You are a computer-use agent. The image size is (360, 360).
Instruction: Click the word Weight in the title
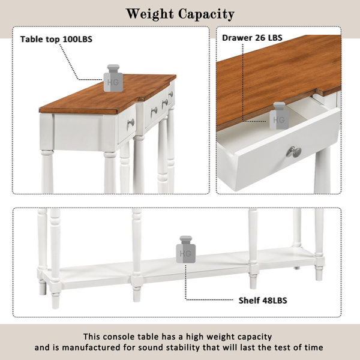coord(150,14)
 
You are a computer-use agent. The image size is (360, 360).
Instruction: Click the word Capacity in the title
coord(206,14)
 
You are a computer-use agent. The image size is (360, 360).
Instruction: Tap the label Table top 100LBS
coord(56,39)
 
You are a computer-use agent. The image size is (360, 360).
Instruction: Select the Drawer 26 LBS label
coord(252,38)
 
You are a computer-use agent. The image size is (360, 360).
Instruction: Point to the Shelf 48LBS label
coord(263,301)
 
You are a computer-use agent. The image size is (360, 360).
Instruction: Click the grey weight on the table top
coord(113,78)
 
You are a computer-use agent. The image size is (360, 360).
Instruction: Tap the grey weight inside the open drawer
coord(279,116)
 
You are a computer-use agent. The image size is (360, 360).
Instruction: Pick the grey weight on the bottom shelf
coord(186,250)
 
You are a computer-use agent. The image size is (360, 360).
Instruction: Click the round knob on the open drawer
coord(294,152)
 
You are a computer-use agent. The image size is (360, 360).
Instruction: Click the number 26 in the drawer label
coord(260,38)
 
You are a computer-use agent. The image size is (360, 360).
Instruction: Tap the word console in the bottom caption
coord(119,337)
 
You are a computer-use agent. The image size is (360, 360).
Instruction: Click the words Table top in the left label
coord(40,39)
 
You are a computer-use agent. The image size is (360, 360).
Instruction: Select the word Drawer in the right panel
coord(237,38)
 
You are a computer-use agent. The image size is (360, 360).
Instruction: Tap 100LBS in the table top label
coord(77,39)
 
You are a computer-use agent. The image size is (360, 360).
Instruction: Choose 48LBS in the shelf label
coord(273,301)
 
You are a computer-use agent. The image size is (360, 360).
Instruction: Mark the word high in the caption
coord(195,337)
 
